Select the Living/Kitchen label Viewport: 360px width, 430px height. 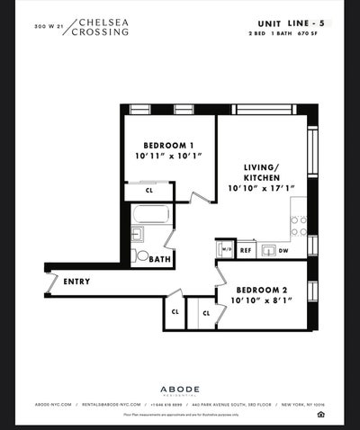click(x=262, y=171)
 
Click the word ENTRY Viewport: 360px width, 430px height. click(x=76, y=282)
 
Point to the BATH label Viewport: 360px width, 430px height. click(x=159, y=259)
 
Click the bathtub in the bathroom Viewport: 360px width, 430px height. click(x=150, y=215)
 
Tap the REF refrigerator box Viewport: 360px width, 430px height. click(x=245, y=251)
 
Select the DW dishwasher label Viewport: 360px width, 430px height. click(x=283, y=251)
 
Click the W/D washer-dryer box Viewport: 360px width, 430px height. click(x=225, y=248)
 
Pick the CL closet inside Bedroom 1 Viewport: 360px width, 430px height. click(x=149, y=191)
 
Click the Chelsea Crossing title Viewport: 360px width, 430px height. click(x=103, y=26)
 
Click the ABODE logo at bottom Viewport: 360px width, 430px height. click(x=179, y=390)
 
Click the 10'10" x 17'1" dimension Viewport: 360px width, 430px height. click(x=263, y=188)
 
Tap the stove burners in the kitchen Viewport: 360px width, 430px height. click(x=298, y=225)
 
